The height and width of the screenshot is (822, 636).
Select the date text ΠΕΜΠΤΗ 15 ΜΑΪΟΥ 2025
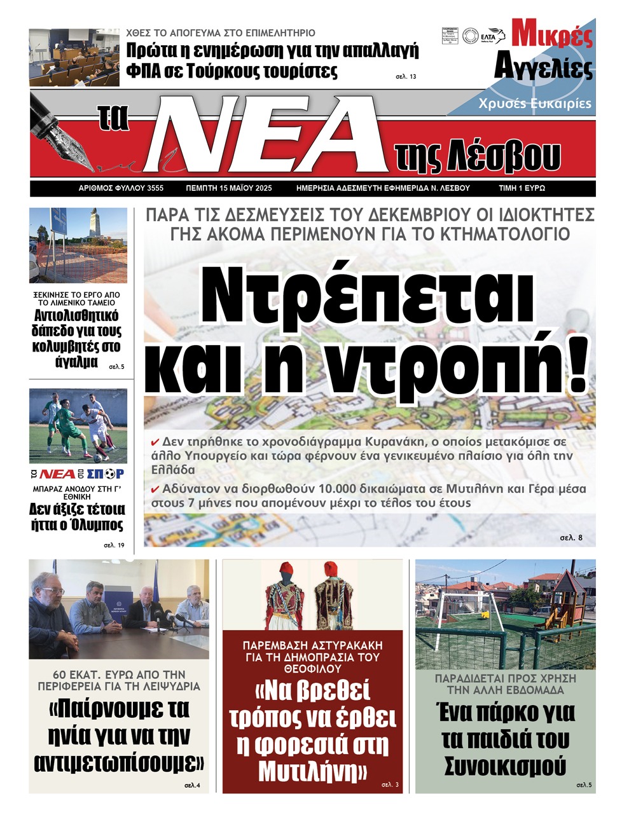click(x=228, y=188)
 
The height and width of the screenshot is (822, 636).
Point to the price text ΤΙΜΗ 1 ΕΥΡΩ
click(x=522, y=188)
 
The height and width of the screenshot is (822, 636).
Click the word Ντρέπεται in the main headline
click(x=367, y=296)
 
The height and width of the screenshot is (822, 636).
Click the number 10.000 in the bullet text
click(x=330, y=489)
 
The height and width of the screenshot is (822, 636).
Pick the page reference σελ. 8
click(x=570, y=538)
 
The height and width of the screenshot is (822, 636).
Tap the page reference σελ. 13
click(x=406, y=77)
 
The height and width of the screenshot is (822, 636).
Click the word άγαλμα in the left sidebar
click(x=76, y=362)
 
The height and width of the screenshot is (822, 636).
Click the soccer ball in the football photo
click(x=99, y=457)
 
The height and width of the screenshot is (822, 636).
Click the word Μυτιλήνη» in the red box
click(x=313, y=772)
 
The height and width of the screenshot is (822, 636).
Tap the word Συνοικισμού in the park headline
click(x=505, y=765)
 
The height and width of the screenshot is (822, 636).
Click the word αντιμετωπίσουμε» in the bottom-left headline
click(x=119, y=762)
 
